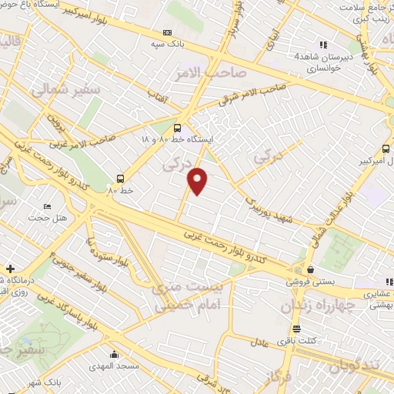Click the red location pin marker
pos(199,181)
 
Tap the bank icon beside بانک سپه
pos(168,33)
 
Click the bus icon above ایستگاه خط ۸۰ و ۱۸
pos(179,129)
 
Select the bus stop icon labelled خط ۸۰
pos(119,177)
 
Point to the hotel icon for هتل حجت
pos(48,207)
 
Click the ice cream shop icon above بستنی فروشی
pos(309,270)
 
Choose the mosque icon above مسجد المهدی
pos(114,354)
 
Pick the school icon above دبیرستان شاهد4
pos(322,45)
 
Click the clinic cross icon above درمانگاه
pos(9,269)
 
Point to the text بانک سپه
pos(178,44)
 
